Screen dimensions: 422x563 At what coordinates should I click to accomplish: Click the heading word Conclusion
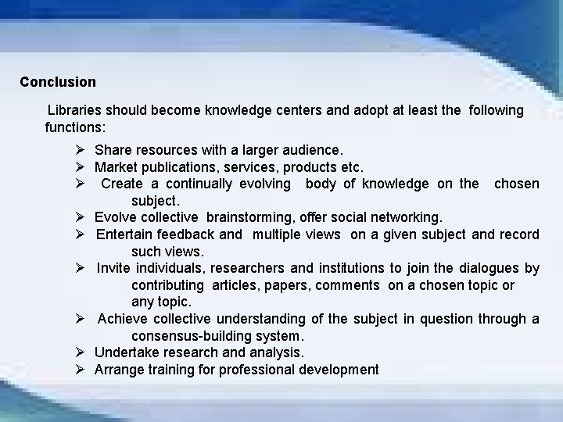(x=58, y=82)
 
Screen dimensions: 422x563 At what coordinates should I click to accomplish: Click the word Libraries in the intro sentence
(x=76, y=110)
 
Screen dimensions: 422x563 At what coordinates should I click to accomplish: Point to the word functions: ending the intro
(x=75, y=126)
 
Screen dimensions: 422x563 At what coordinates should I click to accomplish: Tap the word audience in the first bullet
(x=314, y=149)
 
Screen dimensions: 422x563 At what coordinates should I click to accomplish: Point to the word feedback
(x=188, y=234)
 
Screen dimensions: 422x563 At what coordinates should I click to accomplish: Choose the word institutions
(x=332, y=268)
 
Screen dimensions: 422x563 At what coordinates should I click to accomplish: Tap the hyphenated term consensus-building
(x=215, y=336)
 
